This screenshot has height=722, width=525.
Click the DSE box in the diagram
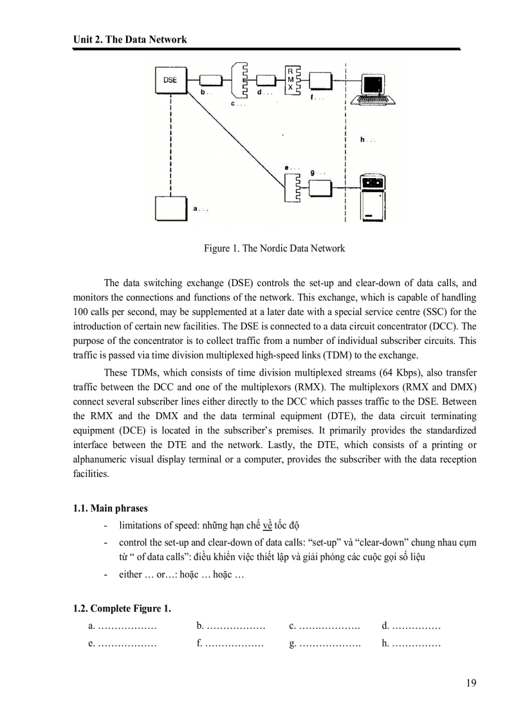pos(170,81)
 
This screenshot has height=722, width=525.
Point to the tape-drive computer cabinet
pos(373,198)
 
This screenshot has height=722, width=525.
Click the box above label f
pos(320,80)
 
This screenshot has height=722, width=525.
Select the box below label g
pos(320,188)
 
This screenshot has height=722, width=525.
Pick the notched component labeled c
pos(238,80)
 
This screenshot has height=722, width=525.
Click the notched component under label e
pos(293,187)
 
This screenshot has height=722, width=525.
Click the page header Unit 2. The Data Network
pos(130,39)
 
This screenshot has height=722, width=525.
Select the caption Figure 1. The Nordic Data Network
pos(274,248)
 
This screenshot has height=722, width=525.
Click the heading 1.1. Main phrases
pos(102,509)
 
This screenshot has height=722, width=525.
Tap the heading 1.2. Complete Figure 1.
pos(122,608)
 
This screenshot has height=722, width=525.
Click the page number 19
pos(471,683)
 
